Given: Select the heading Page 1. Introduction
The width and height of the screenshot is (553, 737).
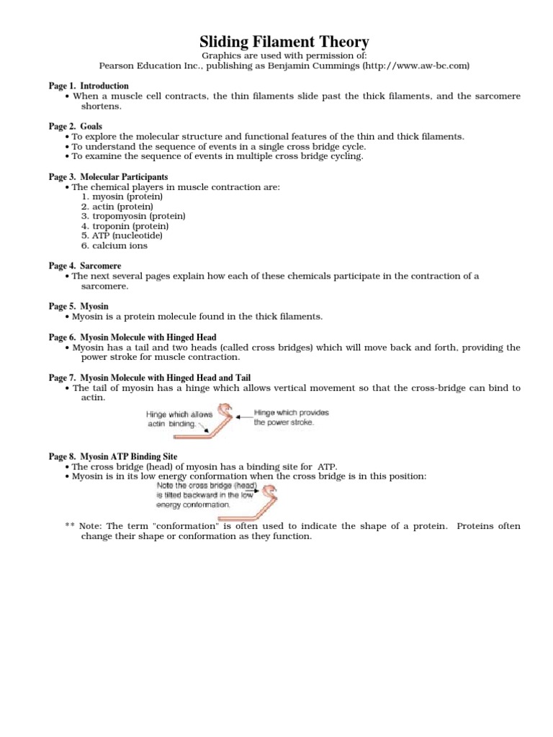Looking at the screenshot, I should click(89, 86).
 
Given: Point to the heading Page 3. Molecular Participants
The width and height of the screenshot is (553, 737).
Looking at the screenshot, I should click(108, 176).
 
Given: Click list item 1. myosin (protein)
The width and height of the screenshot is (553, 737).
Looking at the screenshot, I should click(122, 196).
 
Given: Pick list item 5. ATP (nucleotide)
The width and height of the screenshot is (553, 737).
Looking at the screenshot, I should click(122, 235).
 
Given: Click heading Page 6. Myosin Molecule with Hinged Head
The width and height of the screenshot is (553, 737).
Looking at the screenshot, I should click(132, 337).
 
